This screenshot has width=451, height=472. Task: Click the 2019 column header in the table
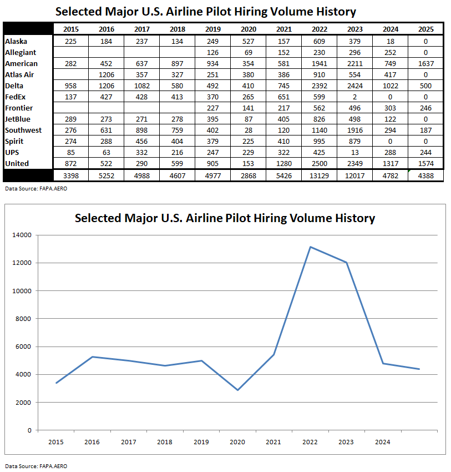pos(212,30)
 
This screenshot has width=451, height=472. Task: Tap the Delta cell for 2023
pos(354,86)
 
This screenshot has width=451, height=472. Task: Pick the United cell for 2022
pos(319,163)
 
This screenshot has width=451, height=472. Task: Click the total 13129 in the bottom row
pos(319,175)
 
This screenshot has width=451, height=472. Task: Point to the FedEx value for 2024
pos(389,97)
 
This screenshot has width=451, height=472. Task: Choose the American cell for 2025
pos(425,63)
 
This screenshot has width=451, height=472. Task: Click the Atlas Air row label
pos(21,74)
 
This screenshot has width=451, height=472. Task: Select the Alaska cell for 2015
pos(71,41)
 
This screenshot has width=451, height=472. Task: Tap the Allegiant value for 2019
pos(212,52)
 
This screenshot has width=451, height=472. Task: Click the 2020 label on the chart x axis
pos(237,442)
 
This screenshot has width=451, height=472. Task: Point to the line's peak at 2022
pos(310,247)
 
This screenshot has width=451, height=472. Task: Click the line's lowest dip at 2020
pos(237,390)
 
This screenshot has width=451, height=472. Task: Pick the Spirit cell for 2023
pos(354,141)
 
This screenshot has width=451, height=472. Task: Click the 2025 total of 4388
pos(425,175)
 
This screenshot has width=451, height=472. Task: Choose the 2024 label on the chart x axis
pos(383,442)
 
